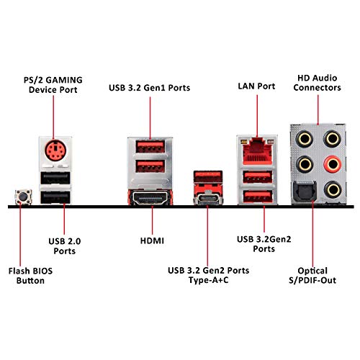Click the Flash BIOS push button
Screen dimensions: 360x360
click(23, 197)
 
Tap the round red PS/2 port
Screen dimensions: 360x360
click(55, 150)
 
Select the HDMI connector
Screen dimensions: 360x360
click(150, 197)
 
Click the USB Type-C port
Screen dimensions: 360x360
click(208, 199)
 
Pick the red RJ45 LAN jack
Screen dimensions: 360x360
click(257, 152)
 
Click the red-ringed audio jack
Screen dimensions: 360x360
click(333, 164)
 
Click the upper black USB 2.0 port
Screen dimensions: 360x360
click(55, 178)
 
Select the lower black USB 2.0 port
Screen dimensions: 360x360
click(55, 197)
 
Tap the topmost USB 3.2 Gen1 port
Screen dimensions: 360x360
click(150, 146)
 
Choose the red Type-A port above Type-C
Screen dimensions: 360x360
click(208, 177)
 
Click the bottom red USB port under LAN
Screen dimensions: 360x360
click(258, 197)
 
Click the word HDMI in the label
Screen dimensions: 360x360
click(152, 240)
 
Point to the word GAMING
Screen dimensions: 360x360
click(64, 80)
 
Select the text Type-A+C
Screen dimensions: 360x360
click(208, 280)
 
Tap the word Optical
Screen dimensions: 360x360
click(312, 271)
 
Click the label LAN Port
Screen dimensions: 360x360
click(256, 86)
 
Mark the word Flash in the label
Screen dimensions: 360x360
click(19, 271)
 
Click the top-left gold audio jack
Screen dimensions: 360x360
click(305, 139)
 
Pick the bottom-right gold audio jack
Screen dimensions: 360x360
click(333, 189)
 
